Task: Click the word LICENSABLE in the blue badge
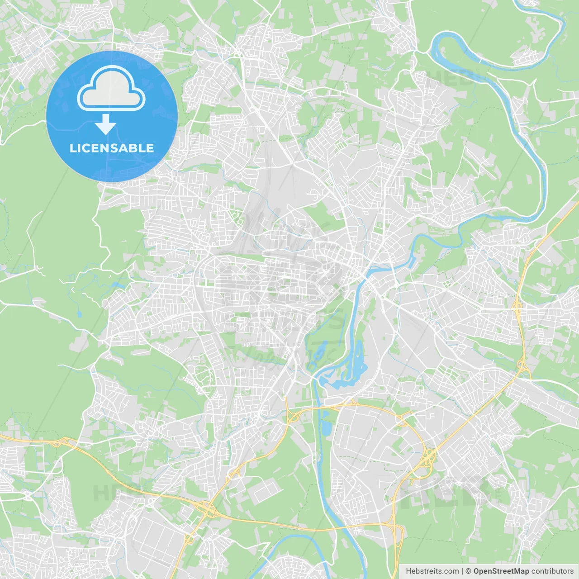point(112,148)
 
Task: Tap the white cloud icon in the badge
point(111,89)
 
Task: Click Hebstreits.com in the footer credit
point(432,571)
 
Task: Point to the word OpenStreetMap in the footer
point(501,571)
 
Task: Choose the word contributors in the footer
point(552,571)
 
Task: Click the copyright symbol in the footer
point(468,571)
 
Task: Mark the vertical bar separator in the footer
point(462,571)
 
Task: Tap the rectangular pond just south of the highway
point(325,427)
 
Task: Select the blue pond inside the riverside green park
point(320,351)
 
